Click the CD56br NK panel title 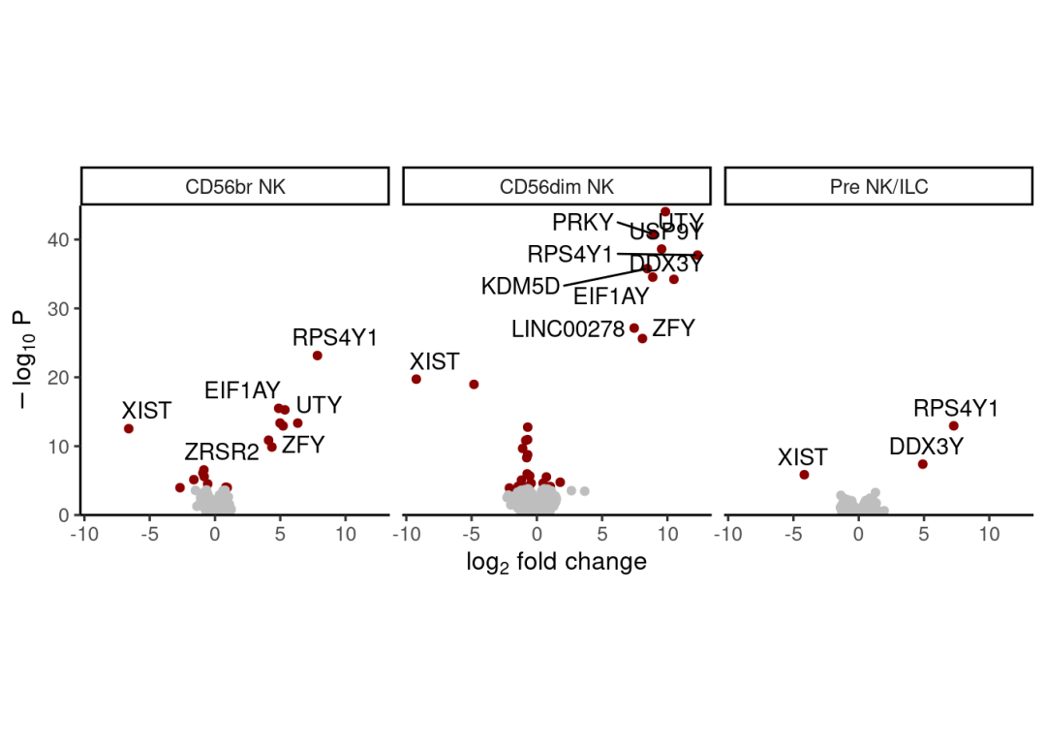point(235,186)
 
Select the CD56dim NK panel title point(557,186)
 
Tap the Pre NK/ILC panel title point(878,186)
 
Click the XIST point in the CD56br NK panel point(129,428)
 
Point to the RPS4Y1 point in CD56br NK point(317,356)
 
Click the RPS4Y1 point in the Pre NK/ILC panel point(953,425)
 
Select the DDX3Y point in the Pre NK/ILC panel point(922,464)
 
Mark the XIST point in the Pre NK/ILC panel point(804,475)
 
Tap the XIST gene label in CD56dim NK point(434,362)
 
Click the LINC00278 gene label point(568,329)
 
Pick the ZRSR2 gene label point(222,451)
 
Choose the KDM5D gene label point(520,287)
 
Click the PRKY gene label point(582,223)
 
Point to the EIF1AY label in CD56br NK point(242,391)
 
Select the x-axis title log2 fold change point(556,562)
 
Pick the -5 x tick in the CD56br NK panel point(149,534)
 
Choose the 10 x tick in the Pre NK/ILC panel point(989,534)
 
